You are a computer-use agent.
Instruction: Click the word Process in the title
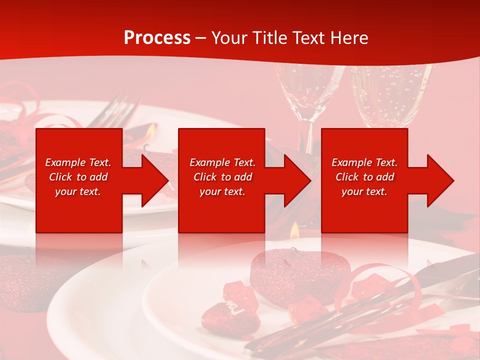[157, 38]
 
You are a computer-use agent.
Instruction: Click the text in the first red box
[78, 177]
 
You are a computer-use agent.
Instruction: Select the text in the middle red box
[222, 177]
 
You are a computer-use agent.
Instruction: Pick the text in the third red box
[364, 177]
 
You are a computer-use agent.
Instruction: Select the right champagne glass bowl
[390, 95]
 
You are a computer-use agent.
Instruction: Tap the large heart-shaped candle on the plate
[295, 270]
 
